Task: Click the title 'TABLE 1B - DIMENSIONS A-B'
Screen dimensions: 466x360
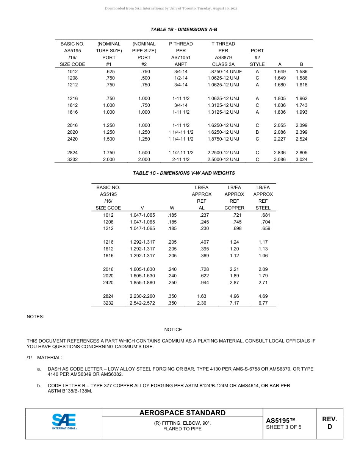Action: tap(184, 30)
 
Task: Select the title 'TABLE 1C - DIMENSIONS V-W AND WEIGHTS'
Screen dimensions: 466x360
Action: tap(184, 173)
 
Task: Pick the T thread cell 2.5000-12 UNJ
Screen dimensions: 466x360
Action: tap(223, 160)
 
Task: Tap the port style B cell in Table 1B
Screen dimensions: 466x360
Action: tap(257, 132)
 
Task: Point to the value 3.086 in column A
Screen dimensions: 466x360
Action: tap(280, 160)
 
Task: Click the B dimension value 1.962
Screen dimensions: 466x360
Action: tap(302, 99)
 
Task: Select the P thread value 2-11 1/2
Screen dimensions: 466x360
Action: tap(181, 160)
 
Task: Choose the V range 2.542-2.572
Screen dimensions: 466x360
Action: tap(142, 303)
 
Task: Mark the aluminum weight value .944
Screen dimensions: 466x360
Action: tap(204, 283)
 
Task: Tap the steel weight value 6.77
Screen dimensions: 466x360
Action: tap(263, 303)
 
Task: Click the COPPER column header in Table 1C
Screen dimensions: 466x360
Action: tap(234, 208)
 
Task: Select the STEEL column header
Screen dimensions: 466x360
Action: tap(263, 208)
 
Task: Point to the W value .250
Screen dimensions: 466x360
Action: tap(172, 283)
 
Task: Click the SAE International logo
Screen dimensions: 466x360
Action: tap(64, 421)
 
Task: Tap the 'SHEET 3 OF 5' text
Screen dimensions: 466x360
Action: tap(283, 427)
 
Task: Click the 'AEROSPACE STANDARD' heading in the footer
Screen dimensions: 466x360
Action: tap(182, 413)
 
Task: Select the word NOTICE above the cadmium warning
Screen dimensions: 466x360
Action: tap(173, 330)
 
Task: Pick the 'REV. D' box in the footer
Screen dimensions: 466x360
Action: tap(329, 423)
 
